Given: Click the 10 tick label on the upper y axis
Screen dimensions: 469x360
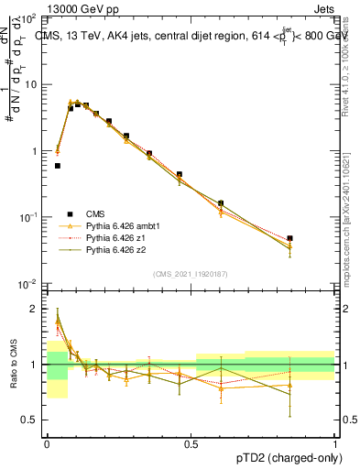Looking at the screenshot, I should (x=30, y=84).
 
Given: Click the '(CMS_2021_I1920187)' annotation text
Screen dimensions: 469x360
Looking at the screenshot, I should (x=190, y=273).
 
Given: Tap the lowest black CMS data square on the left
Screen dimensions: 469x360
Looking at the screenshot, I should (x=58, y=166).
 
